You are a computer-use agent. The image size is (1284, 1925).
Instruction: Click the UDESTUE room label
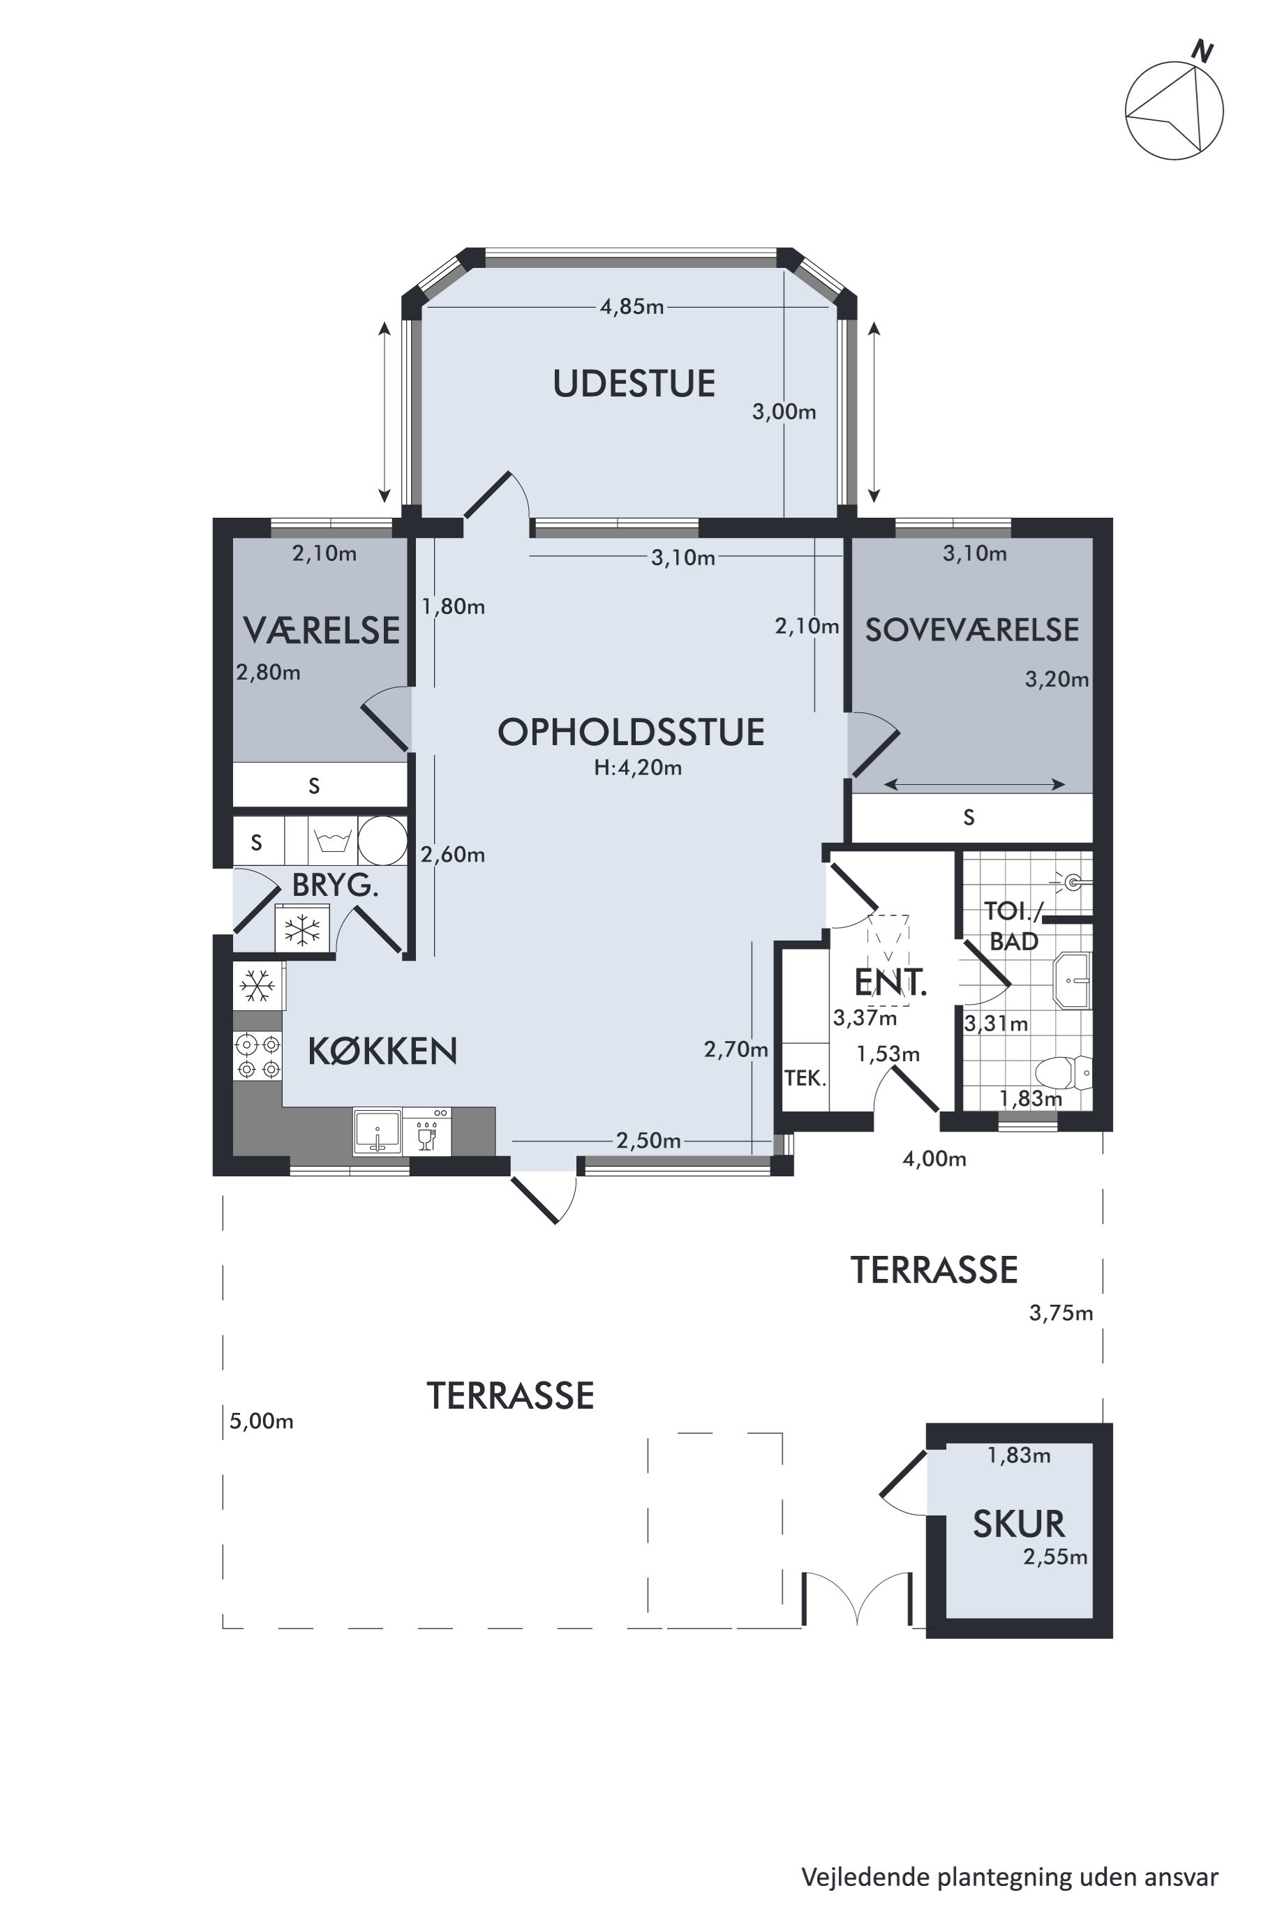[x=634, y=384]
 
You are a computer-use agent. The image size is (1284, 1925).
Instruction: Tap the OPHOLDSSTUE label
[x=632, y=732]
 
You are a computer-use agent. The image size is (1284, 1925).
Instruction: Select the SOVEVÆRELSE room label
[x=972, y=629]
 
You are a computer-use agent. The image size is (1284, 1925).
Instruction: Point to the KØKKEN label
[x=382, y=1051]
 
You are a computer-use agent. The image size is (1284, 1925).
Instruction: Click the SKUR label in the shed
[x=1019, y=1525]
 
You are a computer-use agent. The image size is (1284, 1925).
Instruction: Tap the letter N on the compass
[x=1201, y=52]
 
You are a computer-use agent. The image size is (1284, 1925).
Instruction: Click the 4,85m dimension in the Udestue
[x=632, y=307]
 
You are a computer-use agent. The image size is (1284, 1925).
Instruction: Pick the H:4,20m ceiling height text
[x=638, y=768]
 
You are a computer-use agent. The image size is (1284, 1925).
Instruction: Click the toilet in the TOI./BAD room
[x=1063, y=1071]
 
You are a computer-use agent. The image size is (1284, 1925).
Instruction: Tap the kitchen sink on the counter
[x=378, y=1131]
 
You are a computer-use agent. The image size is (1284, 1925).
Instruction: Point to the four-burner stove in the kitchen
[x=257, y=1056]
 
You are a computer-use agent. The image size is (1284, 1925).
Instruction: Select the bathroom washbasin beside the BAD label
[x=1073, y=980]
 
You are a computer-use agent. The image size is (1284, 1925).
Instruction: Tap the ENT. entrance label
[x=890, y=982]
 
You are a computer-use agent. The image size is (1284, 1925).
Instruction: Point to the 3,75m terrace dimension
[x=1061, y=1313]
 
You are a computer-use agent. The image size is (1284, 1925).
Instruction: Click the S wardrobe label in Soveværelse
[x=969, y=817]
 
